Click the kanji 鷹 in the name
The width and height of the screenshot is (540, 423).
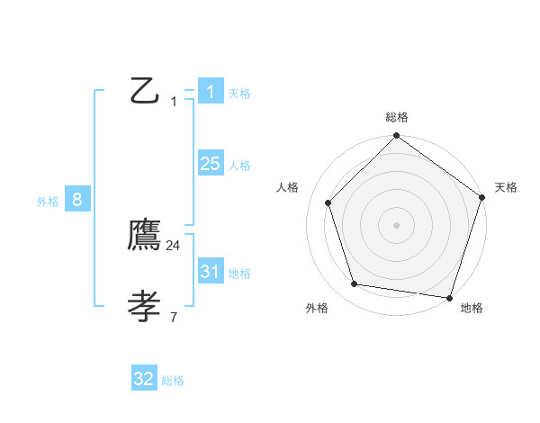coord(145,236)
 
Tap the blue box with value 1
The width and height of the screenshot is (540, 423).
coord(210,91)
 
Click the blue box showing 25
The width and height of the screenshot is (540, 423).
coord(210,164)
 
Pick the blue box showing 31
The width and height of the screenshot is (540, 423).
coord(210,272)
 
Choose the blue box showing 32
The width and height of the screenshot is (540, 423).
coord(144,379)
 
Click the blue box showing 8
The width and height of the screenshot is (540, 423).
coord(77,200)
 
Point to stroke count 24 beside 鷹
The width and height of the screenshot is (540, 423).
coord(173,245)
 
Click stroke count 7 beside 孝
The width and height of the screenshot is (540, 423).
coord(173,317)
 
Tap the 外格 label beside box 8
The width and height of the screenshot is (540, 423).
coord(48,202)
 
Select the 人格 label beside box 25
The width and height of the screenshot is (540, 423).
coord(239,166)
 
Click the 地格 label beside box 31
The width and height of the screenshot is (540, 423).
coord(239,274)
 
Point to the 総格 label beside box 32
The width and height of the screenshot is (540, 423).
coord(173,381)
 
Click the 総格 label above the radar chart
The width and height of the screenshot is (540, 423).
coord(397,117)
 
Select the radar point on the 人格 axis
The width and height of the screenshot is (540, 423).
coord(328,202)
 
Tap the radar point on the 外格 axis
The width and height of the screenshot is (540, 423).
coord(355,284)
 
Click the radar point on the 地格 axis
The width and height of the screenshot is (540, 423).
coord(449,297)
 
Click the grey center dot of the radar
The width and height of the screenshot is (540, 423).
coord(397,224)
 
